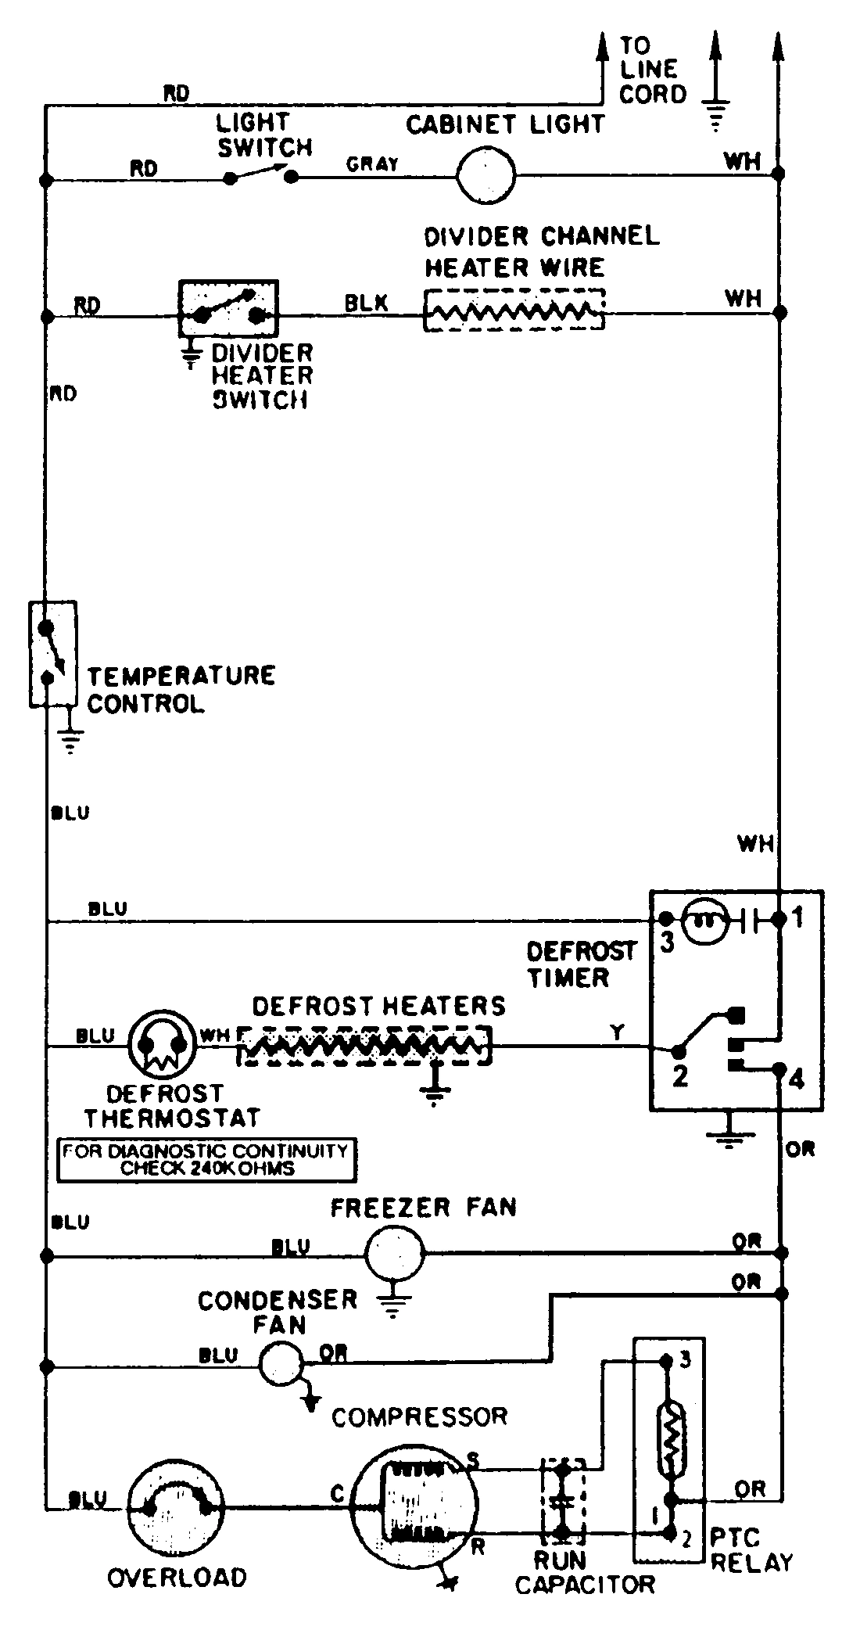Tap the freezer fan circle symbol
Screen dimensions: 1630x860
(x=394, y=1254)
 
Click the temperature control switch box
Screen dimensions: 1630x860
(x=52, y=653)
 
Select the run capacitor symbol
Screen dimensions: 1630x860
(x=563, y=1506)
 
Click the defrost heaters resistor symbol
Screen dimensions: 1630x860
(x=364, y=1045)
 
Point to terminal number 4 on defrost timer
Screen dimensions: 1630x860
(x=797, y=1080)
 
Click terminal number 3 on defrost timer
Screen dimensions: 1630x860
(x=667, y=942)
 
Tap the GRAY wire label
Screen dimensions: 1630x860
(x=372, y=164)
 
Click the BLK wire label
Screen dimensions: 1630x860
(x=366, y=303)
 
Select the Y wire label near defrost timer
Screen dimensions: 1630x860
(x=618, y=1032)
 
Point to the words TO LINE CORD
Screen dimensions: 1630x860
(x=651, y=70)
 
